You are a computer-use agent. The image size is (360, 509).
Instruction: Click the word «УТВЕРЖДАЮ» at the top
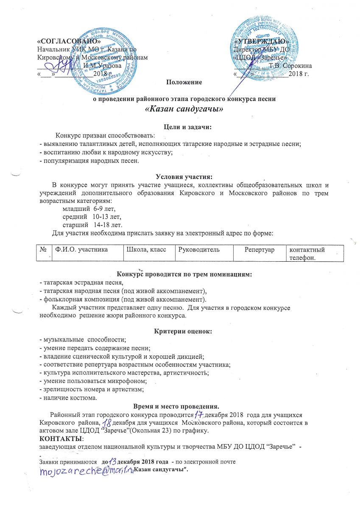(262, 42)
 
